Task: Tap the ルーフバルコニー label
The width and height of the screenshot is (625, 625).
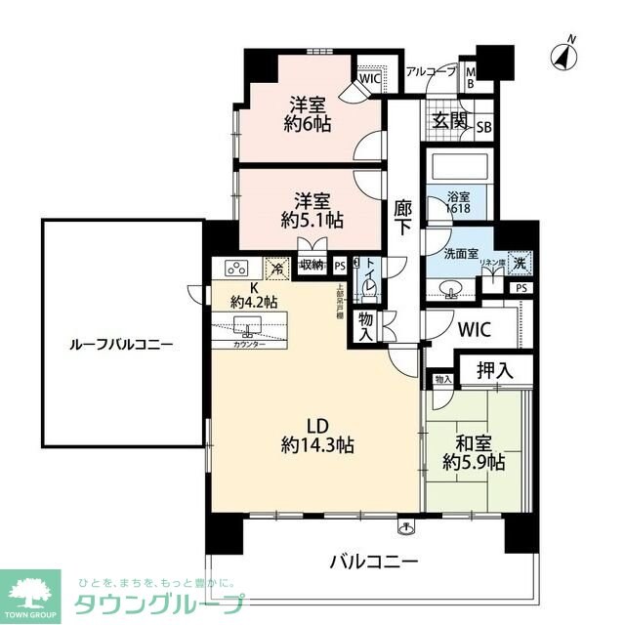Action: pos(122,345)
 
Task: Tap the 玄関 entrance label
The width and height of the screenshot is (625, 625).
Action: pos(450,122)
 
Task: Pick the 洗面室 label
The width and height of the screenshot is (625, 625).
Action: pos(461,254)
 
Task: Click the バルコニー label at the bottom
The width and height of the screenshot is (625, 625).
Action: pos(373,562)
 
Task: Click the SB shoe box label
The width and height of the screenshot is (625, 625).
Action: pos(483,126)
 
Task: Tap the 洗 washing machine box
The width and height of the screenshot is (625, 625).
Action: pos(521,261)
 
